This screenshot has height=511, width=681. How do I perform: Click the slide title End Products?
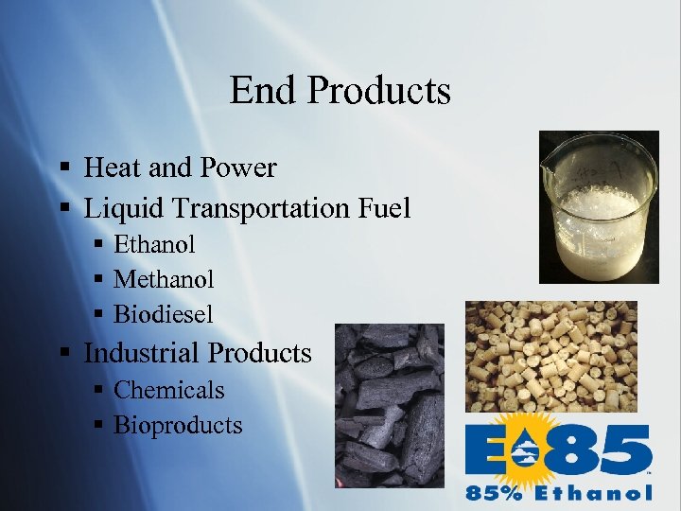[x=340, y=91]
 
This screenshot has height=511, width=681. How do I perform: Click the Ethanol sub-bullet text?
[x=154, y=244]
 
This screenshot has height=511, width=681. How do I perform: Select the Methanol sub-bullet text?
[x=164, y=279]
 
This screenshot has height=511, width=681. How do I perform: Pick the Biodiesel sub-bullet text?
[x=163, y=313]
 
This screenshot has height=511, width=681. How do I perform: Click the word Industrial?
[x=143, y=353]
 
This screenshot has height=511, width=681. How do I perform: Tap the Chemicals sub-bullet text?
[x=168, y=390]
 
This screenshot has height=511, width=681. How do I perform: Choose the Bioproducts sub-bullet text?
[x=178, y=425]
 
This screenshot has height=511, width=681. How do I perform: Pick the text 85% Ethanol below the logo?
[x=558, y=492]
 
